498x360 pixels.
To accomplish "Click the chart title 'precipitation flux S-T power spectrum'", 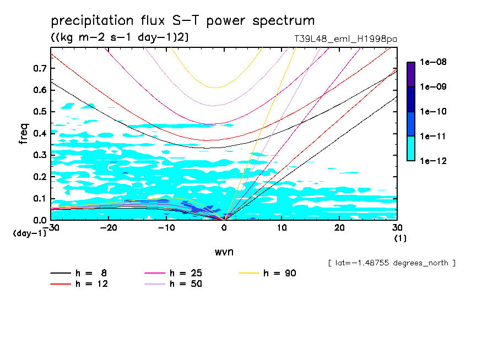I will (x=182, y=21).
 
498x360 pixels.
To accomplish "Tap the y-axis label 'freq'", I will (x=24, y=133).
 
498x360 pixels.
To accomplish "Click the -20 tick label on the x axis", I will (x=109, y=228).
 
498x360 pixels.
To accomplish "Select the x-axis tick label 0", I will (x=224, y=228).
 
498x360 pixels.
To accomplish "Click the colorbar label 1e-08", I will (x=433, y=62).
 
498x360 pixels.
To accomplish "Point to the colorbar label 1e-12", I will (x=433, y=161).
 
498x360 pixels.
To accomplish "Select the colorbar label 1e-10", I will (x=433, y=112).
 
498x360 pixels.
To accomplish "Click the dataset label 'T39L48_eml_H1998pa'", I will (x=346, y=39).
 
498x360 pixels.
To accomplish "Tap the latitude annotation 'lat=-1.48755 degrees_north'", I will (x=391, y=263).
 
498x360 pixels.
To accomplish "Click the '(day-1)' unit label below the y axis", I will (x=29, y=233).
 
